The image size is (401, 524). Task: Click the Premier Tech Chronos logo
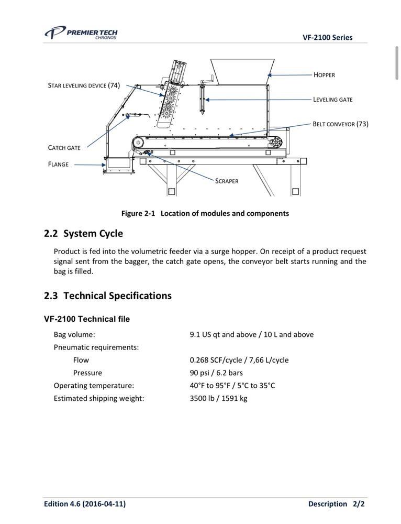pos(81,34)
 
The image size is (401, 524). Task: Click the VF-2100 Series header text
pos(327,37)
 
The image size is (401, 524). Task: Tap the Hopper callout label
pos(324,75)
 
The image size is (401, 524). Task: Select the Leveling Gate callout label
pos(332,100)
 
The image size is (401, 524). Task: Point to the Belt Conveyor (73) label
pos(340,124)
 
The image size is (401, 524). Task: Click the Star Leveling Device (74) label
pos(84,85)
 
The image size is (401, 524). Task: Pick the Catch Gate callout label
pos(64,148)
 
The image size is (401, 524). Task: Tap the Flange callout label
pos(58,165)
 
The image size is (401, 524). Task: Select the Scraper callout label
pos(226,181)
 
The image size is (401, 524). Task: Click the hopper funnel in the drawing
pos(242,70)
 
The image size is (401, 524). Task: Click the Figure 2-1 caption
pos(205,213)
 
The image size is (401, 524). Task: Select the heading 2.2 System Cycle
pos(83,234)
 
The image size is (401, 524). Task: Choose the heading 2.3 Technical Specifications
pos(107,296)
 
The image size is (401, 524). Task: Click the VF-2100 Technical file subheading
pos(87,319)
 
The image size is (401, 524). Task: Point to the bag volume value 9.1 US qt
pos(251,334)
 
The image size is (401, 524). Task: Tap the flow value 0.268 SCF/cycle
pos(239,360)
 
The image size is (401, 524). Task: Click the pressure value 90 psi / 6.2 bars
pos(216,373)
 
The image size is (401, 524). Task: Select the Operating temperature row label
pos(94,386)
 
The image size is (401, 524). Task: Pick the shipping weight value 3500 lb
pos(218,398)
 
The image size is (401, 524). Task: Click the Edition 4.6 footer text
pos(85,504)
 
